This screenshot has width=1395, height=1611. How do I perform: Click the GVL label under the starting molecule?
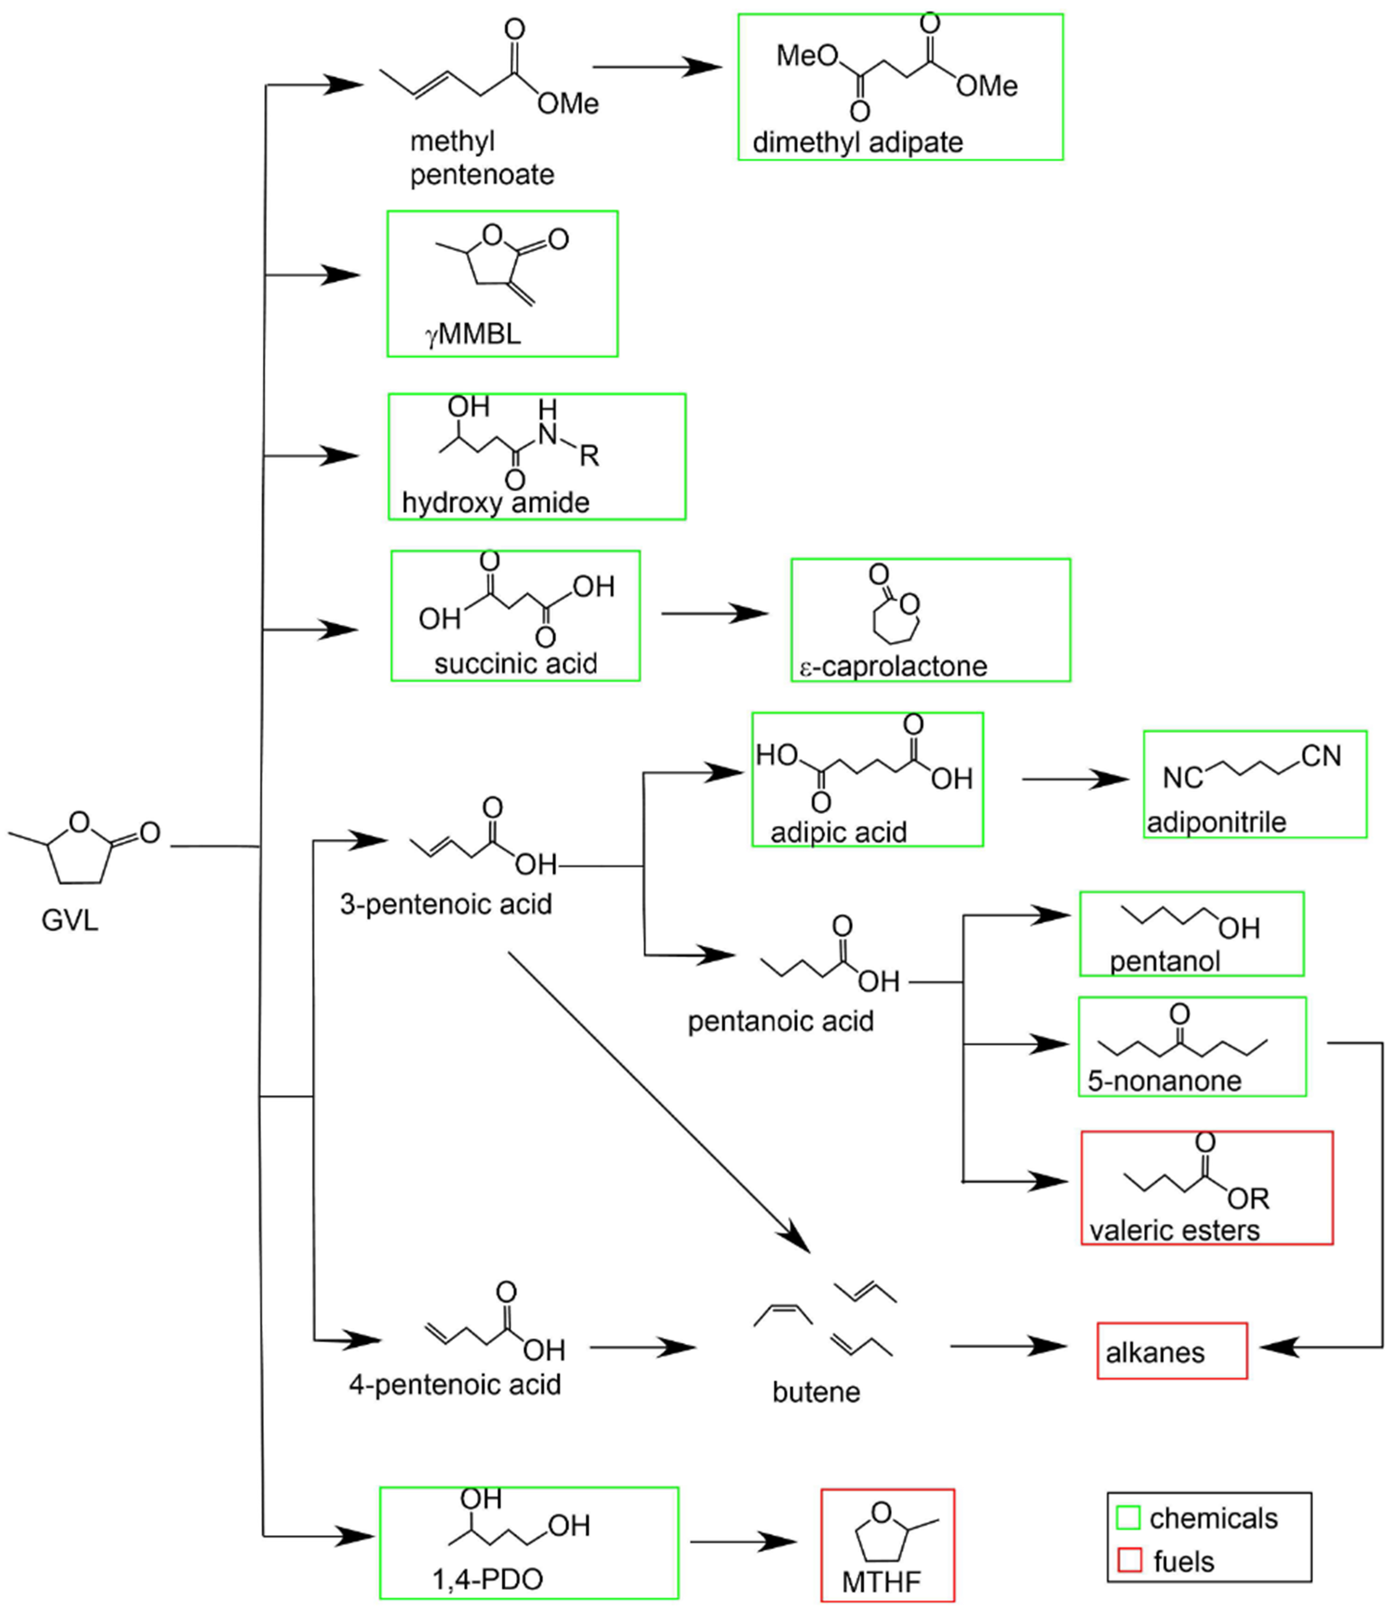pos(70,920)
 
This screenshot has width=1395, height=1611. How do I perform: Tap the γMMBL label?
pos(472,334)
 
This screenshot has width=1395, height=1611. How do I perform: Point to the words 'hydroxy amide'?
pos(495,502)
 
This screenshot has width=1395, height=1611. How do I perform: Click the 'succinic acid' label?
pos(515,664)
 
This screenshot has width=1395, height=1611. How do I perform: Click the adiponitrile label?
pos(1216,821)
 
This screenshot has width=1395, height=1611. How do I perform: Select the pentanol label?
pos(1165,961)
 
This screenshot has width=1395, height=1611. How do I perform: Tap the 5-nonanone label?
pos(1164,1081)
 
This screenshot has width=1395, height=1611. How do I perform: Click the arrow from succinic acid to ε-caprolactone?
pos(715,614)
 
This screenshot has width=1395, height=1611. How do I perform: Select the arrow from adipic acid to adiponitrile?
pos(1074,779)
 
